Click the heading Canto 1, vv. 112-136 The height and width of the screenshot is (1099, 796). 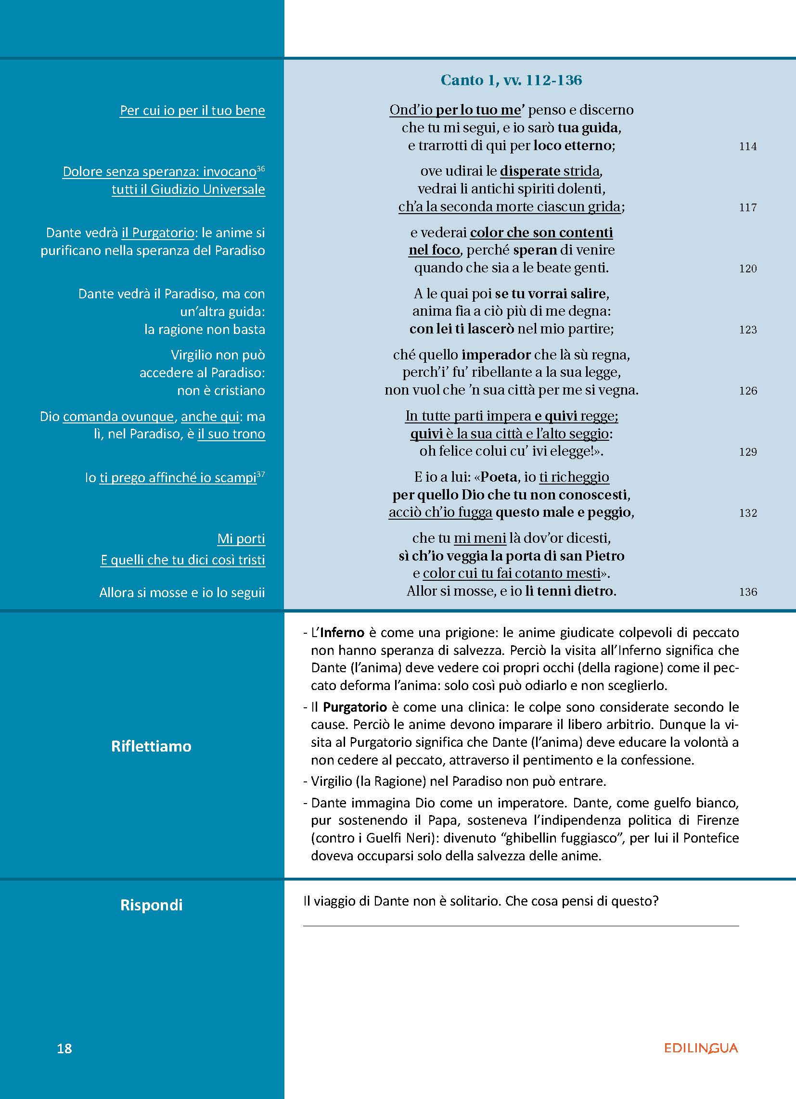[511, 80]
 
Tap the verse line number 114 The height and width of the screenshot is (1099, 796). [747, 146]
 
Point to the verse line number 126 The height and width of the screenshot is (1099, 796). [747, 391]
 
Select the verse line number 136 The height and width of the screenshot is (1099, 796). [747, 592]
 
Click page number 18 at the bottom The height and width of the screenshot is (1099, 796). [64, 1048]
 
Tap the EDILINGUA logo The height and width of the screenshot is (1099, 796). [701, 1048]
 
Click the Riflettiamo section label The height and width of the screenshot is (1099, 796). [151, 746]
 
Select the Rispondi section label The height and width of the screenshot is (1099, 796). [151, 905]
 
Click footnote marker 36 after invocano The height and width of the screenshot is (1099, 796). [261, 168]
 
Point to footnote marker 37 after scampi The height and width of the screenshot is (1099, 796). [261, 474]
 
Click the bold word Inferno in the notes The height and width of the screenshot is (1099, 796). [342, 632]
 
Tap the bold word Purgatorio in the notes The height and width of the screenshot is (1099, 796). [355, 707]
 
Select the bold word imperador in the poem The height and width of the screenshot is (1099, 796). [496, 355]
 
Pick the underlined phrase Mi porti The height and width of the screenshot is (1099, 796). [241, 538]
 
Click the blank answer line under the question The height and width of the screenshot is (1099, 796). [521, 925]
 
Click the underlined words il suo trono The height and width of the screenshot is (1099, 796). [231, 434]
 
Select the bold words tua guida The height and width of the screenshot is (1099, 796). [588, 128]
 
